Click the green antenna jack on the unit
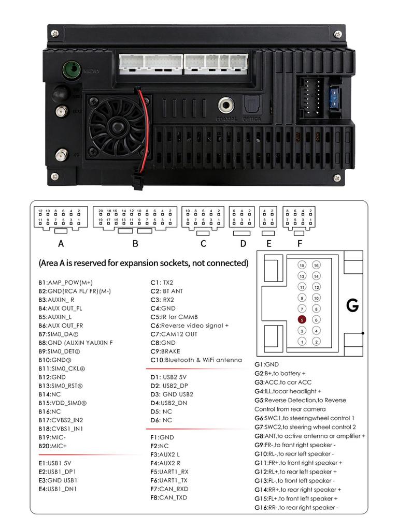click(71, 69)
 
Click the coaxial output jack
click(226, 105)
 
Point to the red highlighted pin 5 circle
click(302, 319)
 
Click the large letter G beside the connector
click(352, 305)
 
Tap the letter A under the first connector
click(61, 243)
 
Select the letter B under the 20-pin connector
click(135, 243)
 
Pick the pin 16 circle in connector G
click(317, 265)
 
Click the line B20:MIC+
click(53, 446)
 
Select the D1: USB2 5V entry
click(168, 377)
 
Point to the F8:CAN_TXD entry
click(169, 497)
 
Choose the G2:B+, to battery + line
click(280, 373)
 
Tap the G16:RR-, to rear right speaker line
click(296, 508)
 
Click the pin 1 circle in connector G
click(302, 342)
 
